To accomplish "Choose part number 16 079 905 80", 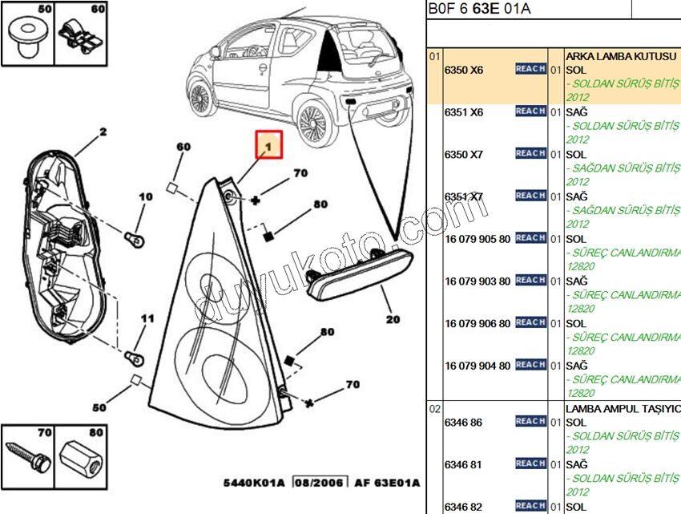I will (477, 239).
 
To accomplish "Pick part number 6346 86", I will (463, 423).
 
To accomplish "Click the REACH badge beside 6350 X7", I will (530, 153).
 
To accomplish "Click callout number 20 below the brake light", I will (393, 318).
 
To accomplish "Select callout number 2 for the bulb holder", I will (103, 132).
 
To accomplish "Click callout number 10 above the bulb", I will (145, 196).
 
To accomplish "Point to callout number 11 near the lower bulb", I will (147, 319).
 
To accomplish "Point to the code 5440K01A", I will (255, 483).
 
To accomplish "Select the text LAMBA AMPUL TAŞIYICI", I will (622, 408).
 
